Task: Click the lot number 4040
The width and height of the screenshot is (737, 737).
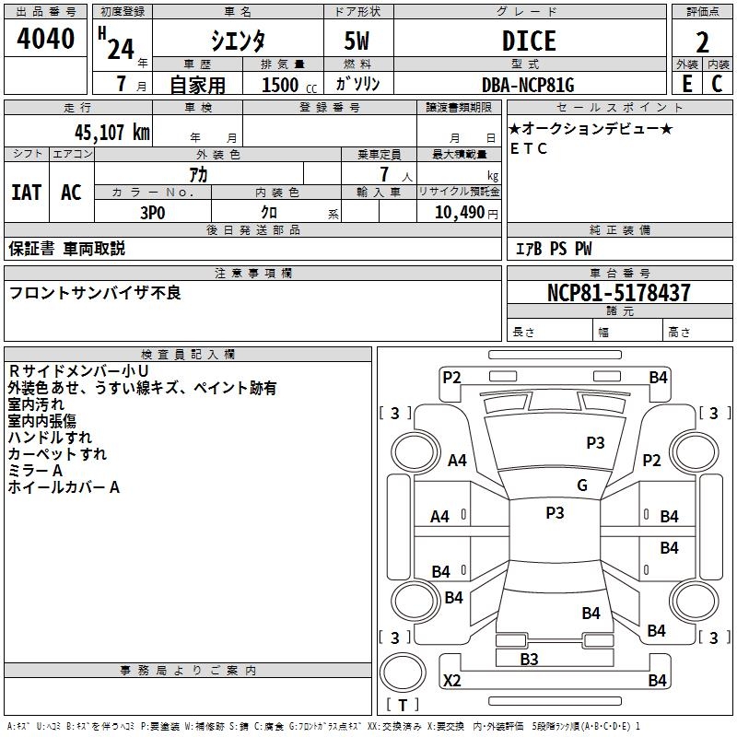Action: (45, 38)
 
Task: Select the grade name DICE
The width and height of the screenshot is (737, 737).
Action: (529, 41)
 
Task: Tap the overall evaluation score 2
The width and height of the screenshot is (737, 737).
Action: (702, 42)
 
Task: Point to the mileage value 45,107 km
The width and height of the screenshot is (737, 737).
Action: (111, 133)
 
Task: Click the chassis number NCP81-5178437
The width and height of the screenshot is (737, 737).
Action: (619, 292)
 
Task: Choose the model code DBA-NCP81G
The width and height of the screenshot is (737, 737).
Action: (528, 85)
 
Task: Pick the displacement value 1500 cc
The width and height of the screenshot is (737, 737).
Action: (289, 85)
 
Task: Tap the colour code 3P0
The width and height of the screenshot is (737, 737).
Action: (153, 213)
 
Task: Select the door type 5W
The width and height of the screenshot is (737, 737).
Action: (357, 41)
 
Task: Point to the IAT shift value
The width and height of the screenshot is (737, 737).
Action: (27, 193)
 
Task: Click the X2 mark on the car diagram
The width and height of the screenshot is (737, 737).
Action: (451, 680)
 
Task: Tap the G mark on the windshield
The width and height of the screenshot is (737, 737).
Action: (582, 485)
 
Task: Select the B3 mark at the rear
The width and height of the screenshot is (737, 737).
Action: (529, 659)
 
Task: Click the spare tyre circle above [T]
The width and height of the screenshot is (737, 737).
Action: (403, 673)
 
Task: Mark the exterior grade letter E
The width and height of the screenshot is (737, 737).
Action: (686, 84)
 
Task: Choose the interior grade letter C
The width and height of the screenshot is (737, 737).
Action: (717, 84)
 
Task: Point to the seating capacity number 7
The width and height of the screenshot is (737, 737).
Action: (384, 174)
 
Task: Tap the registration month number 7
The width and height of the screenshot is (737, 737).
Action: (122, 84)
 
